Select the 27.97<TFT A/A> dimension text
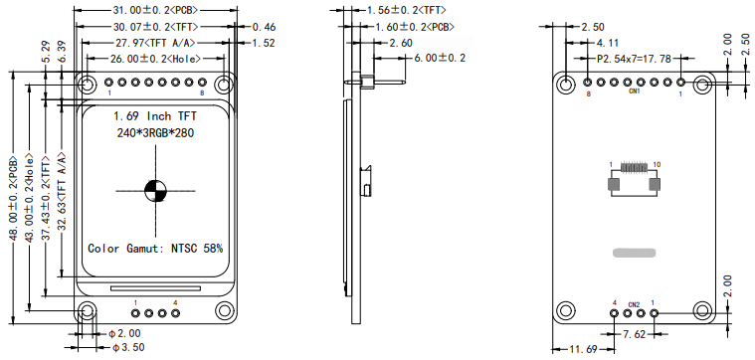click(155, 43)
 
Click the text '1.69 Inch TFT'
click(155, 116)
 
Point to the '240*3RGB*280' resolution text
click(155, 133)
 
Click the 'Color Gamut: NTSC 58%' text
click(155, 249)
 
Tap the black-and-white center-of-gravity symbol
click(155, 191)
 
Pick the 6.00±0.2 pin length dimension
click(440, 59)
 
